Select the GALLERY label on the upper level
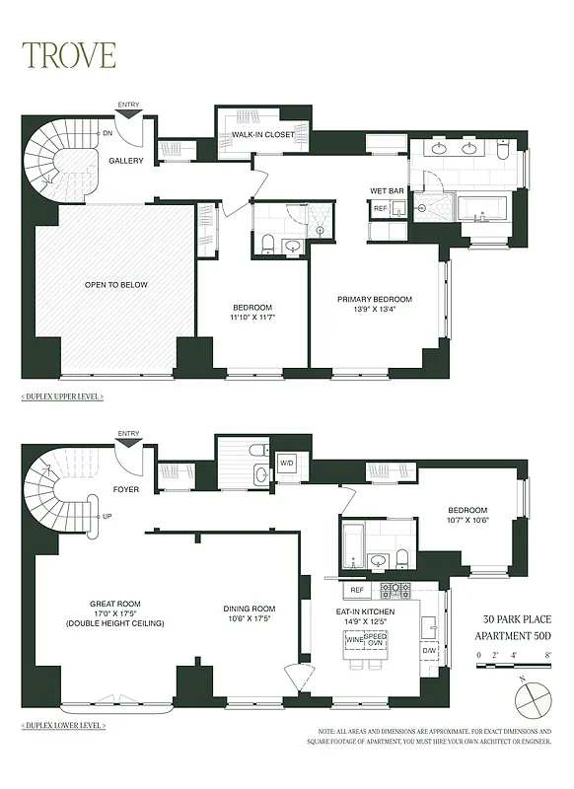tap(126, 161)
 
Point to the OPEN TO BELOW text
tap(115, 285)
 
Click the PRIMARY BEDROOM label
tap(374, 300)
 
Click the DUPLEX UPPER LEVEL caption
tap(62, 396)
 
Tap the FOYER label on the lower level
tap(125, 486)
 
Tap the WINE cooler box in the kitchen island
tap(354, 640)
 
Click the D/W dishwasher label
tap(430, 650)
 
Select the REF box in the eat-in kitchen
tap(357, 591)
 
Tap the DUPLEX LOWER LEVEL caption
tap(63, 726)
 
